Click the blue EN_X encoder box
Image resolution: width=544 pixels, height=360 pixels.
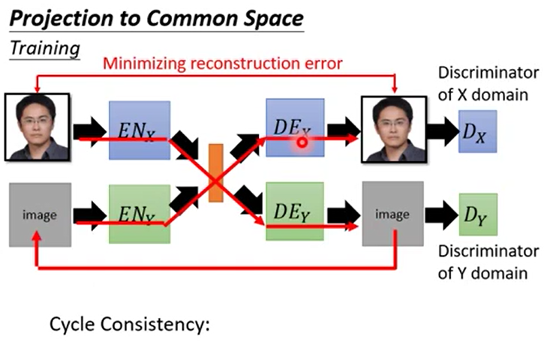pyautogui.click(x=140, y=129)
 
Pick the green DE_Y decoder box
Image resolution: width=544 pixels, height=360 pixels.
pyautogui.click(x=294, y=212)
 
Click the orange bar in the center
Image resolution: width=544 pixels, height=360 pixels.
pyautogui.click(x=216, y=172)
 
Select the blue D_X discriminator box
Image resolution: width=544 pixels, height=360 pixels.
pyautogui.click(x=478, y=132)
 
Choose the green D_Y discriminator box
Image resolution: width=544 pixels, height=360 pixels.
pyautogui.click(x=477, y=216)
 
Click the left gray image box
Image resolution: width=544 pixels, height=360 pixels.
pyautogui.click(x=40, y=215)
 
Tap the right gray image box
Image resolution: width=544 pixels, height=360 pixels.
pyautogui.click(x=392, y=215)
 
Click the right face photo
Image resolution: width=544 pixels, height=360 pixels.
pyautogui.click(x=392, y=129)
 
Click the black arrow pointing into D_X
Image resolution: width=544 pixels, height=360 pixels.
pyautogui.click(x=440, y=132)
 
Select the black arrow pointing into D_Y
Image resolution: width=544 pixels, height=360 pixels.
pyautogui.click(x=440, y=216)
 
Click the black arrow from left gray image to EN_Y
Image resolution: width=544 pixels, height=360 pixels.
pyautogui.click(x=90, y=214)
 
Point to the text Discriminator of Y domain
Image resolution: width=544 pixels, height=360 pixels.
pyautogui.click(x=488, y=262)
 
